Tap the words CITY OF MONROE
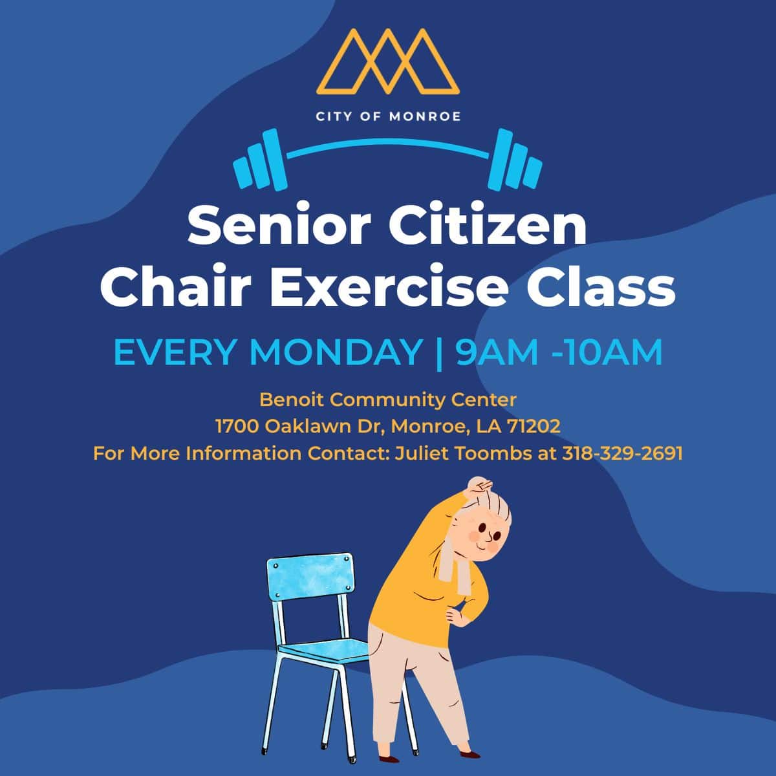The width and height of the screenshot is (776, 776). coord(388,117)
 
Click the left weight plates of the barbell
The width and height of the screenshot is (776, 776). coord(261,160)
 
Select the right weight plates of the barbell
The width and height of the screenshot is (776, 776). coord(515,160)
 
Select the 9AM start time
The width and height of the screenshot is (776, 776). coord(497,353)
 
